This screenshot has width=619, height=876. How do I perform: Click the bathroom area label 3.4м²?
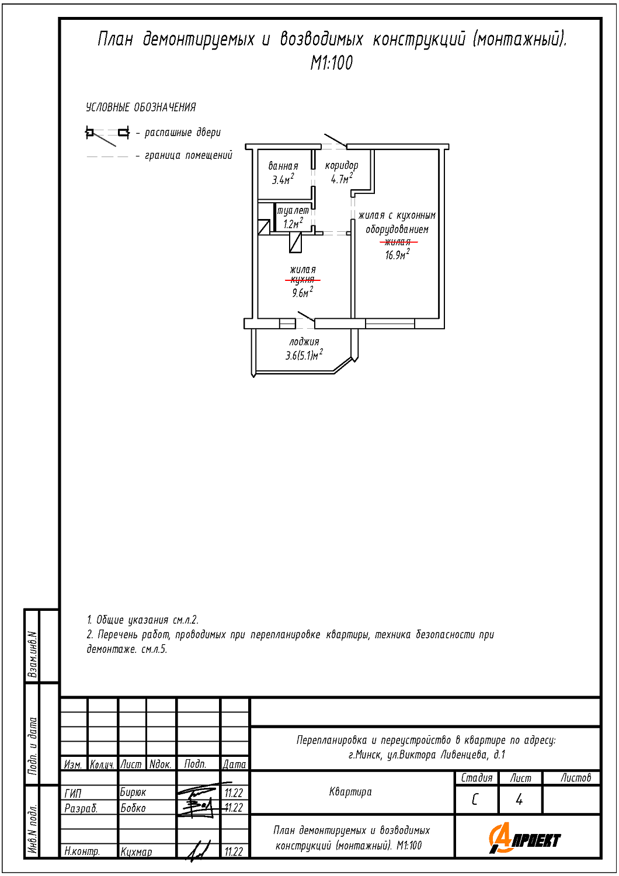click(x=283, y=180)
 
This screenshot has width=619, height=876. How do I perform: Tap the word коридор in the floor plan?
click(x=342, y=165)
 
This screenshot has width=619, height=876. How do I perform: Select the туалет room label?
click(x=293, y=210)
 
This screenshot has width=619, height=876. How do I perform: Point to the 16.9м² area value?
click(x=397, y=255)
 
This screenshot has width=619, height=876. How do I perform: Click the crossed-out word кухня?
click(x=303, y=280)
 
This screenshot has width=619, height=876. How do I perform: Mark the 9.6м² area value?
click(x=302, y=293)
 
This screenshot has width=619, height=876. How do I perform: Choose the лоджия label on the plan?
click(x=304, y=342)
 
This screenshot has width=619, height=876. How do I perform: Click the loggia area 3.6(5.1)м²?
click(x=304, y=355)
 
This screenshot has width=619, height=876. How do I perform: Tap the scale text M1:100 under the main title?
click(x=332, y=63)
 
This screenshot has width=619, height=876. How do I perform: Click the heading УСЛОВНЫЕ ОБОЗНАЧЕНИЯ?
click(x=141, y=107)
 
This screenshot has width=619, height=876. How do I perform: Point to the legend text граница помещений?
click(x=189, y=155)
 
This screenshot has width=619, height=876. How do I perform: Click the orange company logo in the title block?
click(x=524, y=839)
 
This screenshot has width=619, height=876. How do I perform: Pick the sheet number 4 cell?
click(x=520, y=799)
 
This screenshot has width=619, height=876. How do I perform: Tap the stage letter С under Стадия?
click(x=475, y=799)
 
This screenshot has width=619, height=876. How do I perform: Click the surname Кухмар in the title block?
click(x=136, y=852)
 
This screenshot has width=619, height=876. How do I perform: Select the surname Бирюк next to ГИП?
click(x=133, y=792)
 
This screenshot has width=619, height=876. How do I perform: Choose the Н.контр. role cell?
click(x=82, y=851)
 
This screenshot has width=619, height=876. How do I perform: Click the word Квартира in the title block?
click(x=350, y=792)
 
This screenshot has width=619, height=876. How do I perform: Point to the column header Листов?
click(x=576, y=778)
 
